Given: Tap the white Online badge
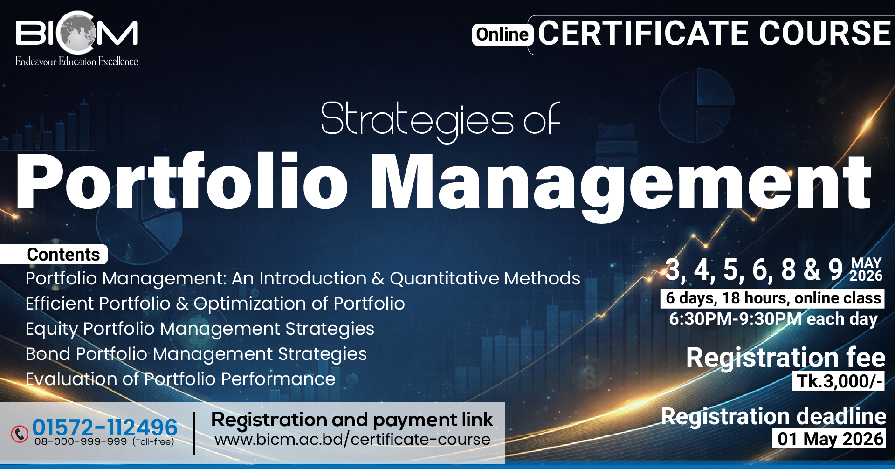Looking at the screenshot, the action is coord(503,34).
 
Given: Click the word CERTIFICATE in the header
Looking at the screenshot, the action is coord(644,33).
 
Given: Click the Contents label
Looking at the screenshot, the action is coord(63,255).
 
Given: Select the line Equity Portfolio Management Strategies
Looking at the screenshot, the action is coord(200,329).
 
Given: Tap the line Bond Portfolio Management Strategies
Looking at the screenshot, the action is coord(196,354).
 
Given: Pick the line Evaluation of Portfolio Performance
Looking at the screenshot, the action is coord(180,379).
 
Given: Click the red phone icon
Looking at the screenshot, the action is coord(20,434).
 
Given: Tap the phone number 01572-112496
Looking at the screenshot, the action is coord(105,427).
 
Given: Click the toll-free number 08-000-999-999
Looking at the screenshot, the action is coord(81,441).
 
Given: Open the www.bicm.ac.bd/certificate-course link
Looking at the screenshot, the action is coord(352,440).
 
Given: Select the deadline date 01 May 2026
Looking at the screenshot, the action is coord(830,439).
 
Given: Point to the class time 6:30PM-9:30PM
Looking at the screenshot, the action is coord(735,319).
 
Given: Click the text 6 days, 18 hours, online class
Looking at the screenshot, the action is coord(773,298).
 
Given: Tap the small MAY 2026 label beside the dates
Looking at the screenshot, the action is coord(866,269).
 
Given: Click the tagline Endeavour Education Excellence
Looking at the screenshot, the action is coord(76,62).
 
